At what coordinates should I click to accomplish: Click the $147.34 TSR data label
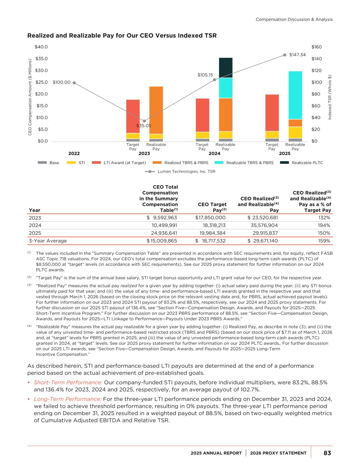(297, 55)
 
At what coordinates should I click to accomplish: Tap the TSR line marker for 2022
(74, 82)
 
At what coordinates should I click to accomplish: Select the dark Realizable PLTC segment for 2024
(226, 68)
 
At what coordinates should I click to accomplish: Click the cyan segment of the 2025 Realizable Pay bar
(295, 95)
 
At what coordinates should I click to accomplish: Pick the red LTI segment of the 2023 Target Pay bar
(133, 116)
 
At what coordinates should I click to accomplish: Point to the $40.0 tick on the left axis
(41, 47)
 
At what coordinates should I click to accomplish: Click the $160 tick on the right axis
(316, 47)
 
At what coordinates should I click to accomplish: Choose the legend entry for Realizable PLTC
(307, 163)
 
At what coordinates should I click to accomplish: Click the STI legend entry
(81, 163)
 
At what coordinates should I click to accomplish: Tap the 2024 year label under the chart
(214, 153)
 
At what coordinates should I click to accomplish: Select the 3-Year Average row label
(48, 241)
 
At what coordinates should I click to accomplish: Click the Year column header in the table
(35, 210)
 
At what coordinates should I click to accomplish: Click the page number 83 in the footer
(327, 453)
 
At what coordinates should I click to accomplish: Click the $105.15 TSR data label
(205, 75)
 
